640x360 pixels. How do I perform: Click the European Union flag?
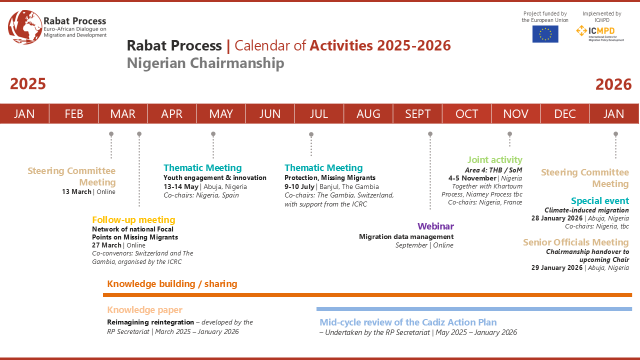tap(545, 34)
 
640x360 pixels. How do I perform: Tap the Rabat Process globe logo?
tap(25, 27)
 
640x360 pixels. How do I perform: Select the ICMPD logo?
tap(600, 33)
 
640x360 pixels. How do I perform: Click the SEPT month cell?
tap(417, 113)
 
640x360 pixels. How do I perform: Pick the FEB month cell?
tap(73, 113)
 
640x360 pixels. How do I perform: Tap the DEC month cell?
tap(565, 113)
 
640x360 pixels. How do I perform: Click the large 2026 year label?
tap(613, 84)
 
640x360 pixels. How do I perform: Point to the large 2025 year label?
tap(28, 83)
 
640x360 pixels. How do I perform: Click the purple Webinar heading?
tap(435, 226)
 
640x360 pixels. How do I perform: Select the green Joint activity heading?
tap(495, 159)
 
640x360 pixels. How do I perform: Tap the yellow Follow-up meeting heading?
tap(133, 219)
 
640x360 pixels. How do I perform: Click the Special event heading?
tap(600, 201)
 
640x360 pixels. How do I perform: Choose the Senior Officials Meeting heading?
tap(576, 242)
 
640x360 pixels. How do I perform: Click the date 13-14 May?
tap(181, 186)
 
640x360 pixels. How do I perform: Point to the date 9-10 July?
tap(299, 186)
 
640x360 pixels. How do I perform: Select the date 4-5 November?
tap(472, 178)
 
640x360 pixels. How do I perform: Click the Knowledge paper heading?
tap(144, 309)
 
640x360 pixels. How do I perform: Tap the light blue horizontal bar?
tap(474, 309)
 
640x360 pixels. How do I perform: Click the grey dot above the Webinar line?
tap(430, 134)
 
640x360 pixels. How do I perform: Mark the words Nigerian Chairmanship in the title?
tap(205, 63)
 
